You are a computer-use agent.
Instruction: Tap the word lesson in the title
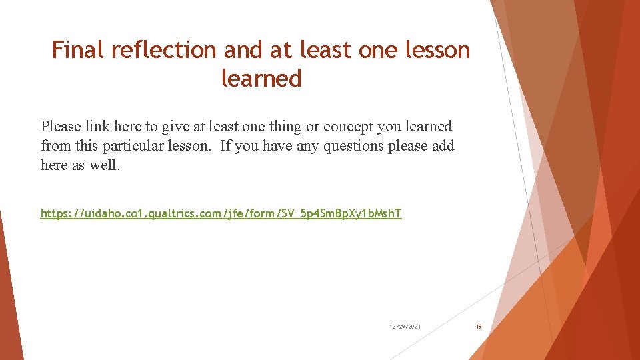pos(437,50)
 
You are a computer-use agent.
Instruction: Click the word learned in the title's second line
pos(261,79)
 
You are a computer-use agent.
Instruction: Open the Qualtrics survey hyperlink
pos(221,213)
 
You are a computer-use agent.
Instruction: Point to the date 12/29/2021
pos(405,327)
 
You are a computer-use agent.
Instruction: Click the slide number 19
pos(478,327)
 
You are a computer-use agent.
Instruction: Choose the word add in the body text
pos(443,146)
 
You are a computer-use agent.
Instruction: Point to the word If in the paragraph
pos(225,146)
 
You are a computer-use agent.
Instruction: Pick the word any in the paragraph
pos(306,146)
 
